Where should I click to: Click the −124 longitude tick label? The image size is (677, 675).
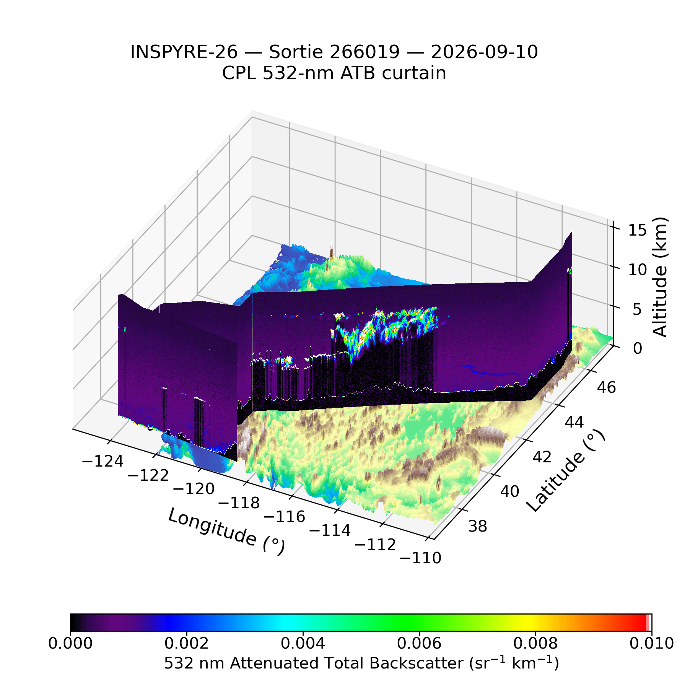pyautogui.click(x=103, y=461)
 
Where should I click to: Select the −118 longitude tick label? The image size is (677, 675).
pyautogui.click(x=239, y=503)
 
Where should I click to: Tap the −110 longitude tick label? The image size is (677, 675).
pyautogui.click(x=420, y=558)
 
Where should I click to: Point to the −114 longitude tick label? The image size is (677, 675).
pyautogui.click(x=330, y=530)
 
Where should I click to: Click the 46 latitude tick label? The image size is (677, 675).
pyautogui.click(x=606, y=387)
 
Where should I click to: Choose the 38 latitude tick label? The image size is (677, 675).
pyautogui.click(x=478, y=526)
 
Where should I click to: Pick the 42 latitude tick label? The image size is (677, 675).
pyautogui.click(x=542, y=457)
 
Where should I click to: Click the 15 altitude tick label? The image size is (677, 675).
pyautogui.click(x=637, y=230)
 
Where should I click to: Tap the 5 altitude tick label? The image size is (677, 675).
pyautogui.click(x=637, y=309)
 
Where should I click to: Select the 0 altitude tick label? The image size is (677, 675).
pyautogui.click(x=638, y=348)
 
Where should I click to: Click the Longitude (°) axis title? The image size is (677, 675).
pyautogui.click(x=226, y=532)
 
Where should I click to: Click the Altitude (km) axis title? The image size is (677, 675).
pyautogui.click(x=660, y=277)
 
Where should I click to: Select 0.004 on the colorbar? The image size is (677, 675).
pyautogui.click(x=303, y=643)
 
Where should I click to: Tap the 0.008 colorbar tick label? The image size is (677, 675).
pyautogui.click(x=535, y=643)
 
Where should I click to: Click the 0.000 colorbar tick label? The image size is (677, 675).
pyautogui.click(x=70, y=643)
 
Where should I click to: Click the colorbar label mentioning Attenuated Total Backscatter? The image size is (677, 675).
pyautogui.click(x=361, y=663)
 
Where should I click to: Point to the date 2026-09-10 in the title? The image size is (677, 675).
pyautogui.click(x=485, y=52)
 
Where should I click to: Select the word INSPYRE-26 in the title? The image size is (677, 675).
pyautogui.click(x=184, y=52)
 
